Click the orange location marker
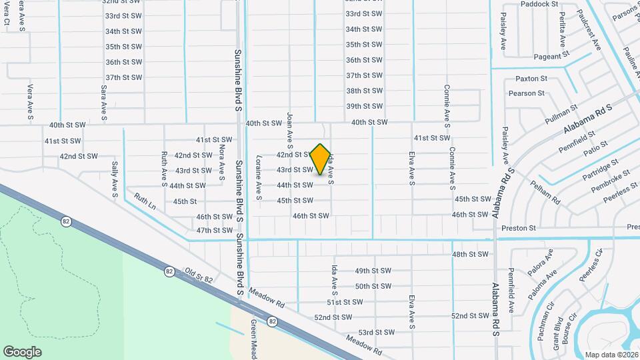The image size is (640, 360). click(321, 159)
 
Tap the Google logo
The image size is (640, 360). click(23, 351)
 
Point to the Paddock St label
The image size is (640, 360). click(539, 4)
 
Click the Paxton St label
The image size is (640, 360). click(531, 79)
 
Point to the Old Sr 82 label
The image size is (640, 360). click(199, 276)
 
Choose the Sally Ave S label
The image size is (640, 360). click(115, 179)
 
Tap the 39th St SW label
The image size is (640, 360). click(363, 106)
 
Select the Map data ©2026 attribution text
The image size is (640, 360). click(611, 355)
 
